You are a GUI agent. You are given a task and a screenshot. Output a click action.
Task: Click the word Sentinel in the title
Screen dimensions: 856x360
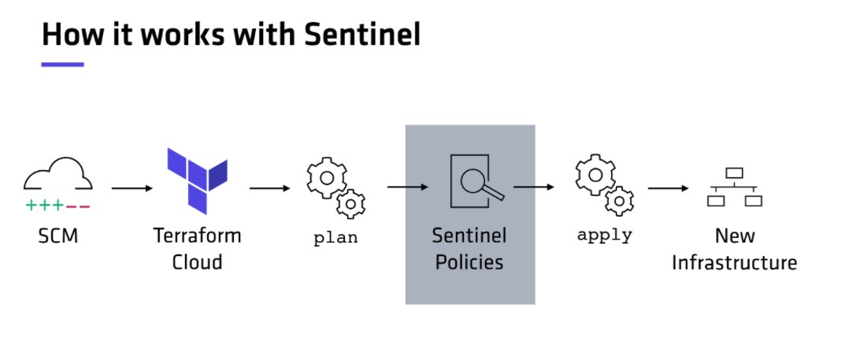point(362,34)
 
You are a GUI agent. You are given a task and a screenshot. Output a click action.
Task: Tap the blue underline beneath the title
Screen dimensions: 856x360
point(63,65)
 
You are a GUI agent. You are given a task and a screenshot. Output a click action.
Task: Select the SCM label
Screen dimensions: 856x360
point(57,236)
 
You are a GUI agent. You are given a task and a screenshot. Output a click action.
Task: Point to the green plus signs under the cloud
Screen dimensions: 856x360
point(45,206)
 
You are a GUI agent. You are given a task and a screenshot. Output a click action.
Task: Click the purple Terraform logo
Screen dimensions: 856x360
point(197,180)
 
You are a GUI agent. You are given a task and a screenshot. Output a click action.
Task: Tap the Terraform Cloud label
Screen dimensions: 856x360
point(197,249)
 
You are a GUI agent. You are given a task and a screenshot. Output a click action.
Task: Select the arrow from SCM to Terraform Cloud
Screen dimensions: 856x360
point(132,188)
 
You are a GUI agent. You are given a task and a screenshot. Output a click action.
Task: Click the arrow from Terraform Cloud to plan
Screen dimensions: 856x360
point(270,188)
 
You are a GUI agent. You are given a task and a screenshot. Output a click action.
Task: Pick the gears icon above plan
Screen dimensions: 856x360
point(335,187)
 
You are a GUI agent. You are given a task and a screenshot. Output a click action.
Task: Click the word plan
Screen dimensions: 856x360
point(335,238)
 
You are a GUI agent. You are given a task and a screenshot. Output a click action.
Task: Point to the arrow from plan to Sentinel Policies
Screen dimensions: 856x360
point(408,187)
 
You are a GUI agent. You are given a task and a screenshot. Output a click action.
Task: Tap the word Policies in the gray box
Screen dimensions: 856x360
point(469,262)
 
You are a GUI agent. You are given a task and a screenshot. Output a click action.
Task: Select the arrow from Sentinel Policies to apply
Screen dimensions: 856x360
point(534,187)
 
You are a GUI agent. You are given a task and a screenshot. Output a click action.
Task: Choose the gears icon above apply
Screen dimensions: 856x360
point(604,184)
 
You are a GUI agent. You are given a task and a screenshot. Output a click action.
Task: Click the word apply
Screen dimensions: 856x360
point(604,236)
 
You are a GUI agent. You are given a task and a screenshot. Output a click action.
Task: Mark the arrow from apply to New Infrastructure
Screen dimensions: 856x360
point(669,188)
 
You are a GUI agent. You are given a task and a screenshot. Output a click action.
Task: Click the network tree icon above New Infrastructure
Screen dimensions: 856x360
point(734,187)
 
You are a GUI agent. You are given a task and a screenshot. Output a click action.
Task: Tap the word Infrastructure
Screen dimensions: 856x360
point(734,263)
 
